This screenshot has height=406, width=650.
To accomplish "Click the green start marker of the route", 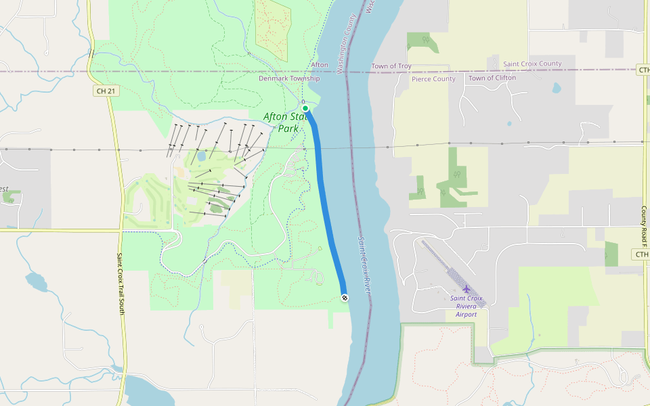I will click(x=305, y=108).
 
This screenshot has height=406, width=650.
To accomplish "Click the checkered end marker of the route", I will click(x=345, y=298).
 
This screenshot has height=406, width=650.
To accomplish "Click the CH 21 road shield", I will click(x=102, y=90).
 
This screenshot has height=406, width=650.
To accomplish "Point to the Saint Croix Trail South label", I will click(x=121, y=284).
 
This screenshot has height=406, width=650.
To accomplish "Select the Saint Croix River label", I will click(x=365, y=265).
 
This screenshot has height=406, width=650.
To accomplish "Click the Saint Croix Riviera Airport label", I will click(x=466, y=306).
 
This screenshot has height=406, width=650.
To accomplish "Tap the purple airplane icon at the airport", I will click(x=467, y=290).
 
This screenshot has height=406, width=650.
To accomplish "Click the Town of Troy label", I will click(x=391, y=66).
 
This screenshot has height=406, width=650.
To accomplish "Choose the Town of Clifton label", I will click(x=492, y=78).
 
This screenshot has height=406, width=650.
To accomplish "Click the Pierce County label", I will click(x=433, y=78).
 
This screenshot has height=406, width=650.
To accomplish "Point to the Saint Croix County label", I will click(x=532, y=64).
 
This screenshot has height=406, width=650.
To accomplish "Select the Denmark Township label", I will click(x=289, y=78).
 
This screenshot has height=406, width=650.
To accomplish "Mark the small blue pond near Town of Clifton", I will click(x=557, y=88).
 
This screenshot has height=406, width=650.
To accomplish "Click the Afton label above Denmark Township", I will click(x=319, y=65).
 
